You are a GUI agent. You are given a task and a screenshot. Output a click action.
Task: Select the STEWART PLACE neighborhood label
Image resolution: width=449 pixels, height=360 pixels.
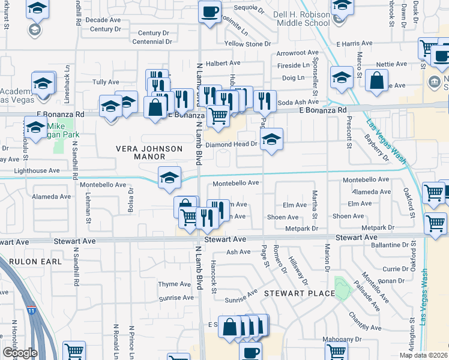[x=299, y=293]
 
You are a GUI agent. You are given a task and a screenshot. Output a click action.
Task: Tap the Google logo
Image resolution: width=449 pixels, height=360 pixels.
[x=19, y=353]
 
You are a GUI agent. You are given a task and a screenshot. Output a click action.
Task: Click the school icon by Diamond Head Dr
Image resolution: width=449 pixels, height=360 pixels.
[x=272, y=140]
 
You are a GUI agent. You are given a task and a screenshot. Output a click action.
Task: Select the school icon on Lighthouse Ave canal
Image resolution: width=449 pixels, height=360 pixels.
[x=170, y=177]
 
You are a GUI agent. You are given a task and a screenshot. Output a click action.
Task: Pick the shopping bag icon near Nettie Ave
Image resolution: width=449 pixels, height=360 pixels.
[x=376, y=80]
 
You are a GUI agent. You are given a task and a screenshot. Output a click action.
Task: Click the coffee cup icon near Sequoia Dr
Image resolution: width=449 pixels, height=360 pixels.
[x=210, y=11]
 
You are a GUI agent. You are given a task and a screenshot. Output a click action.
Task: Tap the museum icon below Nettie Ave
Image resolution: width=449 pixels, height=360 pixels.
[x=433, y=81]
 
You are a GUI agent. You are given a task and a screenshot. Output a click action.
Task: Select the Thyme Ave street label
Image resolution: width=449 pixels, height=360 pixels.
[x=174, y=284]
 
